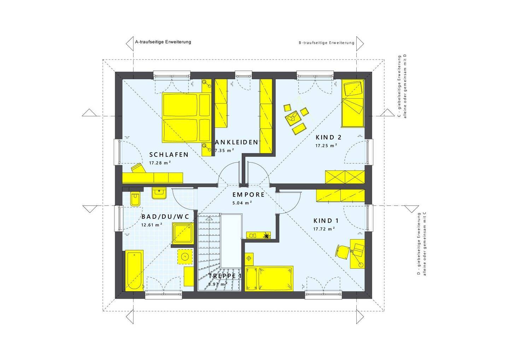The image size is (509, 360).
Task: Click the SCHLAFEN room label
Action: [x=169, y=155]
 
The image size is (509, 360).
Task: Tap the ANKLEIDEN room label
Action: [x=236, y=142]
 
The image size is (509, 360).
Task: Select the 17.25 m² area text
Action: [x=326, y=145]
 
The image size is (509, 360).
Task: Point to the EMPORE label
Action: [x=248, y=195]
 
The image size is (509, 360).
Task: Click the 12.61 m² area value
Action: [x=152, y=225]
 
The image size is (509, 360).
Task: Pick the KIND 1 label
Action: [x=326, y=220]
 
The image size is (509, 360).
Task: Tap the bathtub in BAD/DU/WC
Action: [x=134, y=270]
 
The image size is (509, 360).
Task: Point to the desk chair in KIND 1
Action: [x=343, y=252]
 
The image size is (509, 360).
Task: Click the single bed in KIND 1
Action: [x=269, y=278]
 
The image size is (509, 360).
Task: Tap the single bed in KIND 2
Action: [x=353, y=104]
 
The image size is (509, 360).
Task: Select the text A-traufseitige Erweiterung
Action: [x=163, y=42]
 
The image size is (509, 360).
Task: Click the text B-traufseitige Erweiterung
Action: [x=326, y=43]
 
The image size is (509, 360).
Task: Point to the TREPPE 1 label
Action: [x=225, y=276]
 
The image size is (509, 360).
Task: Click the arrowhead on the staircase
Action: [x=209, y=219]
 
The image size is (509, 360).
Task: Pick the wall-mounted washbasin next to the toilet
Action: [x=159, y=193]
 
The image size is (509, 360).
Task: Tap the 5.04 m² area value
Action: [x=242, y=203]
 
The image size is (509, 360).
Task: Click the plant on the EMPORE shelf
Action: [x=266, y=235]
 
